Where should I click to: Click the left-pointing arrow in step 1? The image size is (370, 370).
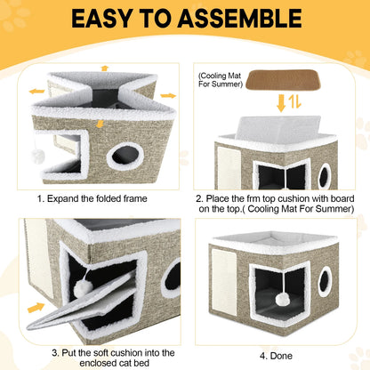point(36,90)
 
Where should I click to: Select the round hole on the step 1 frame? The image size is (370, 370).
point(125,157)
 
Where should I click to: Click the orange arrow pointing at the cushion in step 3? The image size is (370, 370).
point(36,308)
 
